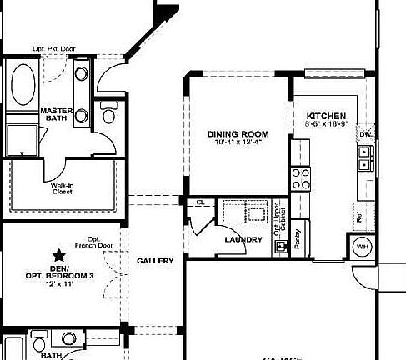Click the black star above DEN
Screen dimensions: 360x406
click(x=58, y=254)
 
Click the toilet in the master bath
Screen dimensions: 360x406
click(x=109, y=113)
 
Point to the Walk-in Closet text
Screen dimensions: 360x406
click(x=62, y=187)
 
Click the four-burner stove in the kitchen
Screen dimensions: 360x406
click(x=300, y=178)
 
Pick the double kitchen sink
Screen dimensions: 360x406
click(x=364, y=158)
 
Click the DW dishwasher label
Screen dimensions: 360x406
click(x=364, y=133)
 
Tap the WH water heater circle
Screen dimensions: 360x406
click(x=363, y=247)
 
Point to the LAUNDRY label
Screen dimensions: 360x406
click(x=243, y=240)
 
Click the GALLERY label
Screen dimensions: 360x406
click(x=155, y=261)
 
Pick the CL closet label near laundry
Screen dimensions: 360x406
click(x=200, y=202)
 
